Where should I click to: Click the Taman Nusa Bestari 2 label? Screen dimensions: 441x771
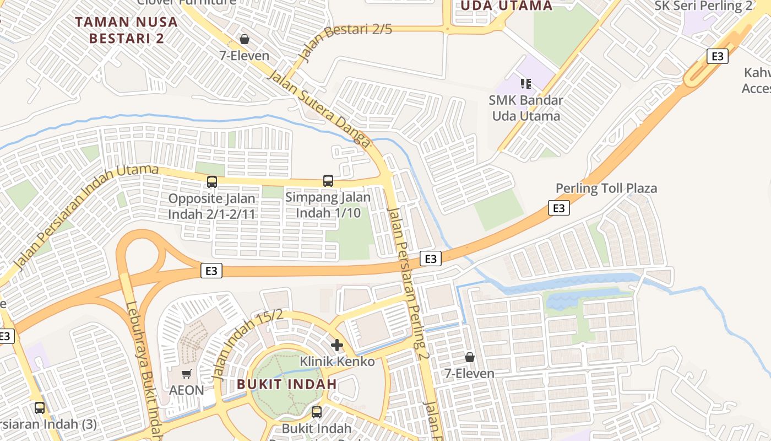pos(126,30)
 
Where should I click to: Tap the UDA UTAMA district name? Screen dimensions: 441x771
pos(506,6)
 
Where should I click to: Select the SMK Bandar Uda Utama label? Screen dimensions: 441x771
pos(526,108)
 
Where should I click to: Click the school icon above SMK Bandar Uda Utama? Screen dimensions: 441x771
pos(526,84)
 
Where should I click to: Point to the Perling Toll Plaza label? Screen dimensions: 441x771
pos(606,188)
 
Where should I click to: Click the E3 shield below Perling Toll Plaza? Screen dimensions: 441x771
pos(558,208)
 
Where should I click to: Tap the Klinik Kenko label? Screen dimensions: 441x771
pos(337,362)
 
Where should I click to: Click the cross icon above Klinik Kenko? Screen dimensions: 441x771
pos(337,345)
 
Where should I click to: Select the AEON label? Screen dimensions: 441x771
pos(186,390)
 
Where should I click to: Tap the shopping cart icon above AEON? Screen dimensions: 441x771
pos(187,374)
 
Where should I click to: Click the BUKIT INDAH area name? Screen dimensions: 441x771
pos(287,384)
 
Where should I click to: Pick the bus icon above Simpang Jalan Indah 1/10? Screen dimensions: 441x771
pos(328,180)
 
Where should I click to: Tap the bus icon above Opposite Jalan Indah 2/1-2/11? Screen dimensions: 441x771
pos(212,181)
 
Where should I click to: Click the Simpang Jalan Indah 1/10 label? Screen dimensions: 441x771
pos(328,205)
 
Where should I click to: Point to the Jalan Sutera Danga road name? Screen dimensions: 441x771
pos(319,108)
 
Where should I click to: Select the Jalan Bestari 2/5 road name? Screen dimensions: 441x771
pos(345,41)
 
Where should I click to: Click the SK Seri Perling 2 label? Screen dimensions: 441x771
pos(703,6)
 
